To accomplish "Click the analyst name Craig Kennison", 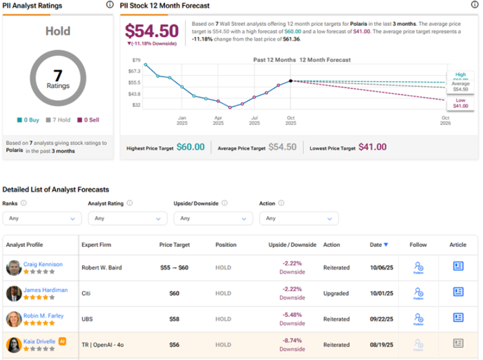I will [x=43, y=264].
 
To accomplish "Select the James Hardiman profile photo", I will [x=14, y=293].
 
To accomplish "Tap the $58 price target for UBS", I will [x=174, y=319].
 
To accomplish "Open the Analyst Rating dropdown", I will [x=128, y=218].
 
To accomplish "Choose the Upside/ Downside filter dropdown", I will [x=213, y=218].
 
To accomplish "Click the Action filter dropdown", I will [x=299, y=218].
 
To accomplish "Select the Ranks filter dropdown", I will [x=41, y=218].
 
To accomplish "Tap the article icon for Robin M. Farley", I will [x=458, y=317].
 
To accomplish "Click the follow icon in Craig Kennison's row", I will [x=418, y=267].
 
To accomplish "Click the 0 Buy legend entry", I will [x=28, y=120].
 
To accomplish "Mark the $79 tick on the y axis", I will [x=136, y=60].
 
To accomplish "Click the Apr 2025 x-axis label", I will [x=218, y=120].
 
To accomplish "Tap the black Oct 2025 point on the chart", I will [x=290, y=81].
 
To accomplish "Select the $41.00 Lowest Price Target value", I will [x=372, y=147].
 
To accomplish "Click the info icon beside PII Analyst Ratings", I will [x=110, y=5].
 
